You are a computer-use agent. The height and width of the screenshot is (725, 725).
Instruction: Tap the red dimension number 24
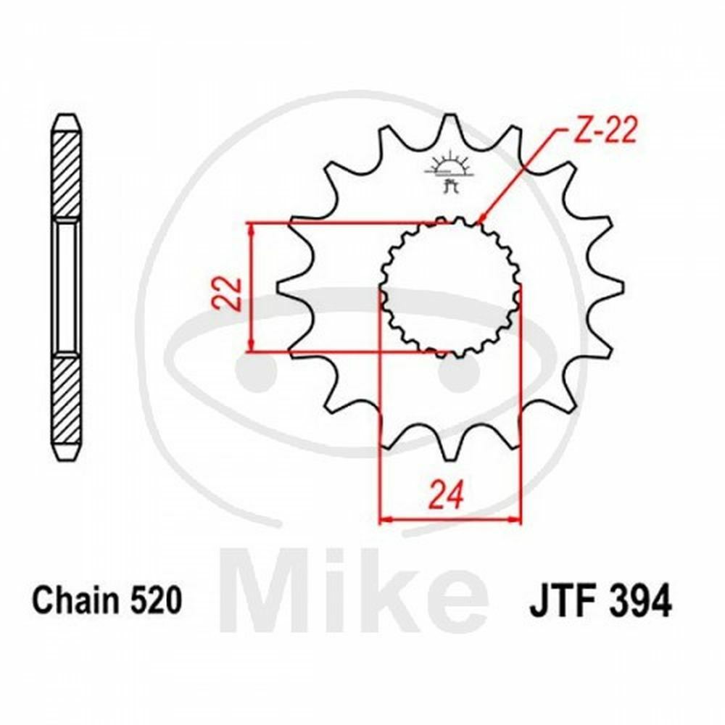446,494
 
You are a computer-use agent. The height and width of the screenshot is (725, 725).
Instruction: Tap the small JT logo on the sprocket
448,174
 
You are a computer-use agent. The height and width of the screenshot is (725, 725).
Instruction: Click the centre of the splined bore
450,288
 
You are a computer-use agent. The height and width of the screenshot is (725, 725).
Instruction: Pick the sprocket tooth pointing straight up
447,132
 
